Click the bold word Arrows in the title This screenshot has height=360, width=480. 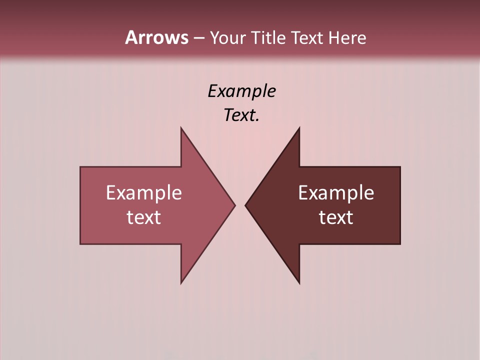tap(156, 37)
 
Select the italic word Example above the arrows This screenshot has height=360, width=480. tap(241, 91)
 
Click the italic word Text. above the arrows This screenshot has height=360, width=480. tap(241, 115)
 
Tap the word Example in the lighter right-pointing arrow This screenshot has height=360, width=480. tap(144, 193)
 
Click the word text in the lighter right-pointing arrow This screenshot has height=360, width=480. tap(144, 217)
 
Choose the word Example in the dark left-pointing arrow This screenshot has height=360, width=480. tap(336, 193)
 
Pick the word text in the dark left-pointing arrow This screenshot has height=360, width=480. tap(336, 217)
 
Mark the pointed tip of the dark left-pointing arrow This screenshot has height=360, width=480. tap(246, 205)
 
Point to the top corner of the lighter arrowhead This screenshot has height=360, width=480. tap(181, 128)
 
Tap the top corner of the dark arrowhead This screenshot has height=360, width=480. tap(299, 128)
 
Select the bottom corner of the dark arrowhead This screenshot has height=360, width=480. tap(299, 282)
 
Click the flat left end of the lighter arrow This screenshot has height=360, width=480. tap(81, 205)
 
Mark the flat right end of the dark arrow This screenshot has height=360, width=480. tap(399, 205)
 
